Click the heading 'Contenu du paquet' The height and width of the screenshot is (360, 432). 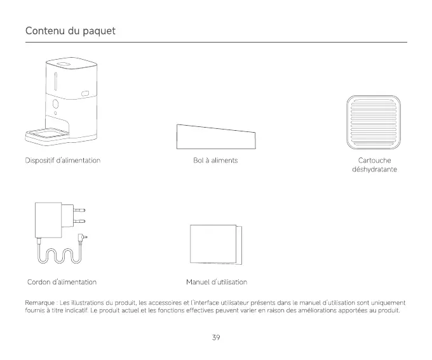tap(70, 31)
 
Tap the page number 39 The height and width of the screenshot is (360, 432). tap(216, 337)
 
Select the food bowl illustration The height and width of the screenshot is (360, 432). tap(216, 137)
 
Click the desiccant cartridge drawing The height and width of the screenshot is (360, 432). tap(371, 121)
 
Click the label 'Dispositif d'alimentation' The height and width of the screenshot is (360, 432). tap(64, 161)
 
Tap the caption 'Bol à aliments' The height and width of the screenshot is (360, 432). tap(215, 161)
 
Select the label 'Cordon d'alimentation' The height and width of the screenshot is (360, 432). tap(62, 281)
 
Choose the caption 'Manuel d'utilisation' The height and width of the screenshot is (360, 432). tap(216, 281)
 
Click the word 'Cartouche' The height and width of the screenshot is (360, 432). tap(374, 161)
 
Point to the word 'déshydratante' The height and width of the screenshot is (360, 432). tap(374, 170)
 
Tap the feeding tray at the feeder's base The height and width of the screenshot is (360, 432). tap(48, 135)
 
